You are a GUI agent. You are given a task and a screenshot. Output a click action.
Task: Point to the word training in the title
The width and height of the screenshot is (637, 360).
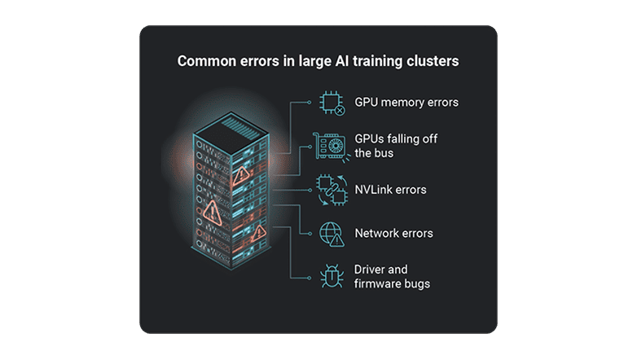point(382,60)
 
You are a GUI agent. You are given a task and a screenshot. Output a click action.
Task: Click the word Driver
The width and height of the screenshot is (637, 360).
point(371,269)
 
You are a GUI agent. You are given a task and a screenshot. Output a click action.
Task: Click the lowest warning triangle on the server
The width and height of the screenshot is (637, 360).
point(258,234)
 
